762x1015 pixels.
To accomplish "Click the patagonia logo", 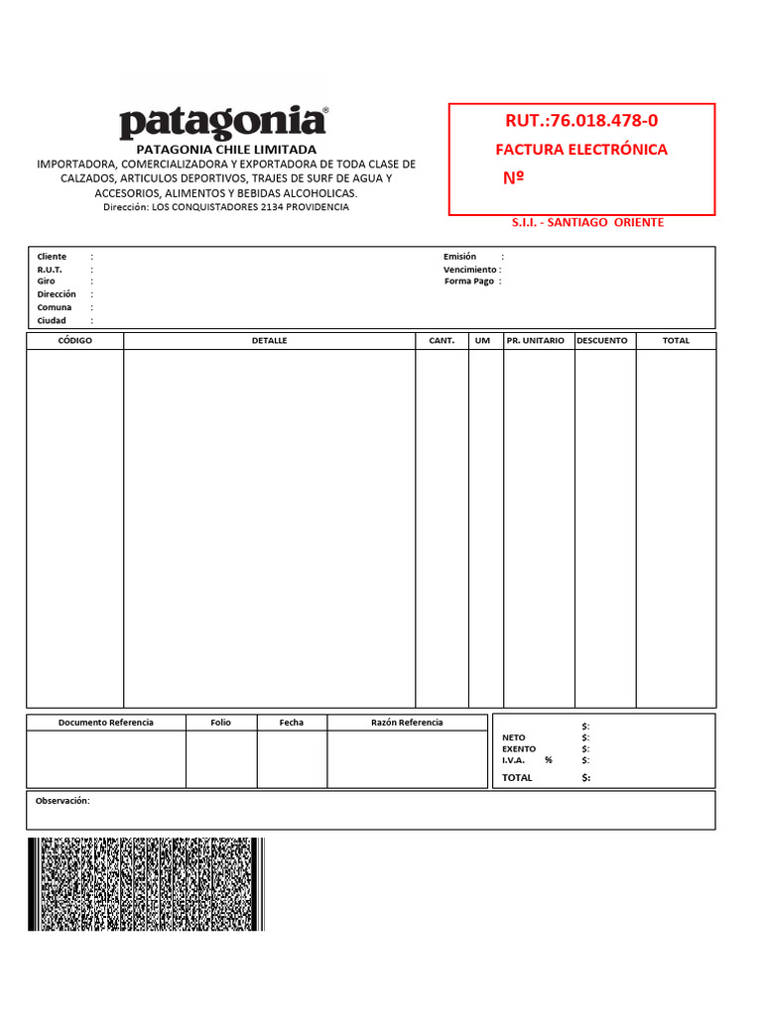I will [x=223, y=123].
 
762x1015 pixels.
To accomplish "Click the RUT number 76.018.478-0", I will [x=581, y=121].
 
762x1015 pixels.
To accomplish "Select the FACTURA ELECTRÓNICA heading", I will [x=581, y=150].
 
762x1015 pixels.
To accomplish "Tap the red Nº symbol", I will [x=514, y=178].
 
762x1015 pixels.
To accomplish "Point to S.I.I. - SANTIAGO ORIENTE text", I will [x=587, y=222].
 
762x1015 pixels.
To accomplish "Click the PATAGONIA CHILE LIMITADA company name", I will [x=226, y=149].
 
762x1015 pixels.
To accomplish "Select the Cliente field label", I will [x=52, y=257].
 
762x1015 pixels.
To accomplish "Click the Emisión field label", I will [x=460, y=257].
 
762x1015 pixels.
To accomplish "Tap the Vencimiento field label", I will [x=469, y=270].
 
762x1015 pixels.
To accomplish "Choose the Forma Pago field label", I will [x=469, y=282].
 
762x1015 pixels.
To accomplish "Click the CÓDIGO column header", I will [x=75, y=341].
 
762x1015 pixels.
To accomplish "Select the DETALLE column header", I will [x=269, y=341].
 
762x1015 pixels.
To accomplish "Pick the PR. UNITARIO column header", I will [x=535, y=341].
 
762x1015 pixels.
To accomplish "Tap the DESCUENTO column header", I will [x=602, y=341].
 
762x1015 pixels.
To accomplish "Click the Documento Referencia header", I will [x=106, y=723].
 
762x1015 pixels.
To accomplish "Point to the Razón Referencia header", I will [x=407, y=723].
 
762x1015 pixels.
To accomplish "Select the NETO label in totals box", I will [x=514, y=737].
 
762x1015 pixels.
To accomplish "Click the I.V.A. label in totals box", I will [x=514, y=760].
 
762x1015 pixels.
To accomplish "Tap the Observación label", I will [x=63, y=800].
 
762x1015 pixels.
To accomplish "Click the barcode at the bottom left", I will [x=146, y=884].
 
